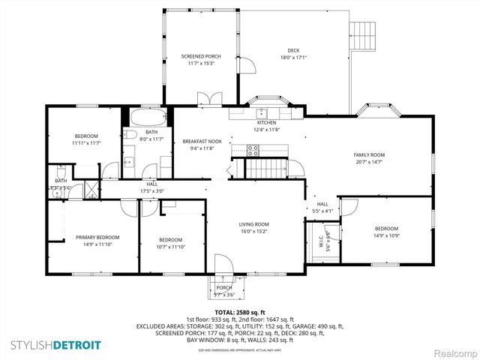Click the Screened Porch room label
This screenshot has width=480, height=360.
[201, 56]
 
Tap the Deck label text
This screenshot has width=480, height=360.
[293, 51]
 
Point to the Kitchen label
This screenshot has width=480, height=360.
[268, 122]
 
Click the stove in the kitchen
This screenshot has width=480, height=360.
[253, 148]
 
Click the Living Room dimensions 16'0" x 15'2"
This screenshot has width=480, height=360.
[254, 232]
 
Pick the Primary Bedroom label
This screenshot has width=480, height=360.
[97, 237]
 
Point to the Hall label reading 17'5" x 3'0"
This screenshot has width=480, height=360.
[152, 187]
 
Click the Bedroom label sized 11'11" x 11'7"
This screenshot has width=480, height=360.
[87, 136]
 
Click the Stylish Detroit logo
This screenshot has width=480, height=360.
[55, 344]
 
